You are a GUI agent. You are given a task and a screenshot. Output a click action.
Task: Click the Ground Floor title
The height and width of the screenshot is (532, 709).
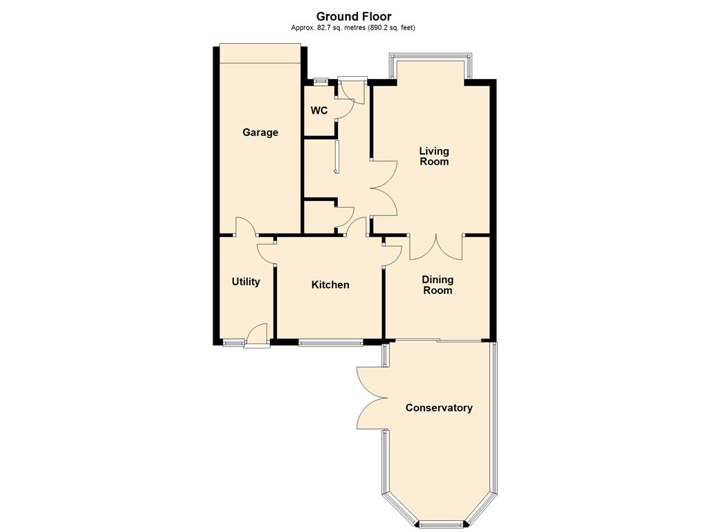click(354, 17)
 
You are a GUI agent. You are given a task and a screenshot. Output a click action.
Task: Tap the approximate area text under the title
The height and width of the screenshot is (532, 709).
click(353, 28)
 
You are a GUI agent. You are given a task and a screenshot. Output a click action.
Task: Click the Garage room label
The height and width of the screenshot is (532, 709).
click(260, 132)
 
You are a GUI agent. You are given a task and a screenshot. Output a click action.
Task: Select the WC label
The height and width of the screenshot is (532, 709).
click(318, 110)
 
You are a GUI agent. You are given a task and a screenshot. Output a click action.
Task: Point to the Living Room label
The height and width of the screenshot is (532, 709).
click(434, 156)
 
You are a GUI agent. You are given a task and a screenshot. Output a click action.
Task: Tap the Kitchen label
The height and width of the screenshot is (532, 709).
click(330, 285)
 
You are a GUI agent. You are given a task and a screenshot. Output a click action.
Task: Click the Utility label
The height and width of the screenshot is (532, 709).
click(246, 282)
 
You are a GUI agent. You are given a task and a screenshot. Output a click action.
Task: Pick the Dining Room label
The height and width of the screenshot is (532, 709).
click(438, 285)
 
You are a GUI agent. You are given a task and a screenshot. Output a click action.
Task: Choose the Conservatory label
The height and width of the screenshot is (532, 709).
click(438, 407)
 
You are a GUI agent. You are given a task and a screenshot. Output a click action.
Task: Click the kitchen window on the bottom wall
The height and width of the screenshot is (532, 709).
click(330, 343)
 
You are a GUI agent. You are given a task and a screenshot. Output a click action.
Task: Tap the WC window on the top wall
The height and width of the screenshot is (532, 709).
click(321, 82)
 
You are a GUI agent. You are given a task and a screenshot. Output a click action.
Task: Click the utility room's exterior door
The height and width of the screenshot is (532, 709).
click(257, 336)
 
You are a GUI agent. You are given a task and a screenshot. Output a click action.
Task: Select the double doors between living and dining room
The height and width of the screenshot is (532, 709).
click(436, 247)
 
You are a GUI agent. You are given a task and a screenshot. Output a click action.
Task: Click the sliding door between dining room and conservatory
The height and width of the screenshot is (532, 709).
click(438, 340)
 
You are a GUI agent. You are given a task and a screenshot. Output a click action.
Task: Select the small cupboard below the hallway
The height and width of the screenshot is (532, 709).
click(320, 217)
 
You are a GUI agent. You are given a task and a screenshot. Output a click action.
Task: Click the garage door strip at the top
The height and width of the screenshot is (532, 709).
click(260, 53)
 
